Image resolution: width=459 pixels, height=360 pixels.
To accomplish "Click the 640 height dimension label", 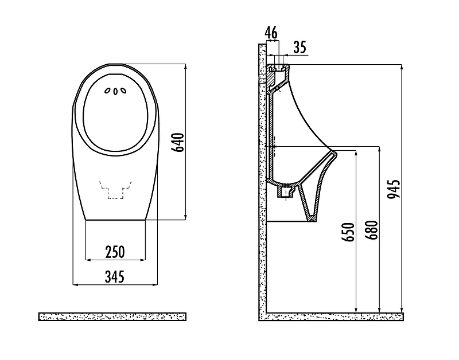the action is (178, 142).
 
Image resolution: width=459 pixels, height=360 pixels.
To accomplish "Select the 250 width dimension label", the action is (115, 252).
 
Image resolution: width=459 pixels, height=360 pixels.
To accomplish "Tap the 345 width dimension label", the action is (115, 277).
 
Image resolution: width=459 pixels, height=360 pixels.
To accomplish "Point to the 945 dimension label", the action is (394, 189).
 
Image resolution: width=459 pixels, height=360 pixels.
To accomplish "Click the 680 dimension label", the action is (373, 230).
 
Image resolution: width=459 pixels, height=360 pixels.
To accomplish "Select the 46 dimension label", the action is (271, 33).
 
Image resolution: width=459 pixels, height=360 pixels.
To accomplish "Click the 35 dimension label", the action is (299, 47).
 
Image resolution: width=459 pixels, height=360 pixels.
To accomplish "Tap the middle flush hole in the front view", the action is (115, 92).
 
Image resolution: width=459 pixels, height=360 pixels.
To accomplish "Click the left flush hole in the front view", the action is (107, 91).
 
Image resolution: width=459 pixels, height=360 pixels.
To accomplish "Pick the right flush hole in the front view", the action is (124, 91).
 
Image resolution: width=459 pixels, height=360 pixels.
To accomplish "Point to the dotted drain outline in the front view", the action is (115, 190).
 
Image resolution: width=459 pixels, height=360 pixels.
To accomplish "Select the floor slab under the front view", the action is (112, 316).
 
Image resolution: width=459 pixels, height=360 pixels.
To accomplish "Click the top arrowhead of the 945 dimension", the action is (402, 66).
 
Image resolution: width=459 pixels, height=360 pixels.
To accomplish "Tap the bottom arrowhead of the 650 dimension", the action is (356, 310).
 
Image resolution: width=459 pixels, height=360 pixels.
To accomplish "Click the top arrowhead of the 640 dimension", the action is (185, 66).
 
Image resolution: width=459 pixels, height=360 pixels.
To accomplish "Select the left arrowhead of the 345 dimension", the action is (75, 284).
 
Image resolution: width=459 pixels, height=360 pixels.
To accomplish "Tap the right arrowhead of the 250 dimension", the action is (142, 260).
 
